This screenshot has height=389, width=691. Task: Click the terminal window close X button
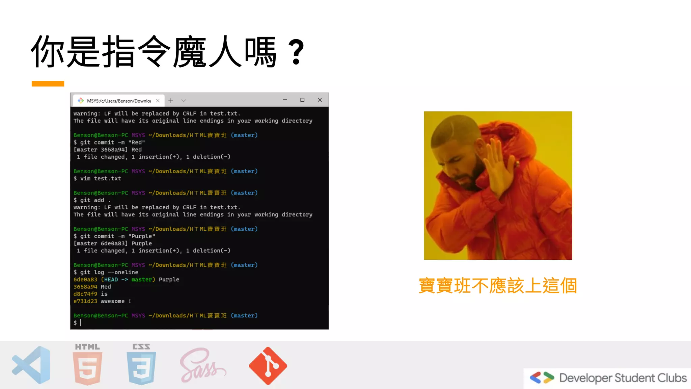(x=320, y=100)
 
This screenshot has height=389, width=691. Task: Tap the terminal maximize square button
(x=302, y=100)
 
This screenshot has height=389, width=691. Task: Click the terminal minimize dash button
(x=285, y=100)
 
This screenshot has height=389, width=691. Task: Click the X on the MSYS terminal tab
(x=158, y=101)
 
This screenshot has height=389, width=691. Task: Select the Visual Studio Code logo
(x=31, y=365)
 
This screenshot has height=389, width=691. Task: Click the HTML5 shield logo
(x=87, y=367)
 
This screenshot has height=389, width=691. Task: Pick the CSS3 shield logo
(x=141, y=367)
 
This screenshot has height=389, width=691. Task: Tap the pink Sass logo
(x=202, y=366)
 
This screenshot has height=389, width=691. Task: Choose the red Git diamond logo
(x=268, y=366)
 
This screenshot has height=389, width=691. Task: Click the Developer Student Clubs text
(x=623, y=378)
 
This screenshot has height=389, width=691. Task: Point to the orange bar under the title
(x=48, y=84)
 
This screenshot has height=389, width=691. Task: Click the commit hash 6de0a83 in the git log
(x=85, y=280)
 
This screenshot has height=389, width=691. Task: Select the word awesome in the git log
(x=113, y=301)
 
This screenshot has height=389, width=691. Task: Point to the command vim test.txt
(x=101, y=179)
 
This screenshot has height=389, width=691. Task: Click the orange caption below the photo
(x=498, y=286)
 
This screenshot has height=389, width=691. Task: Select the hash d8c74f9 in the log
(x=85, y=294)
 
